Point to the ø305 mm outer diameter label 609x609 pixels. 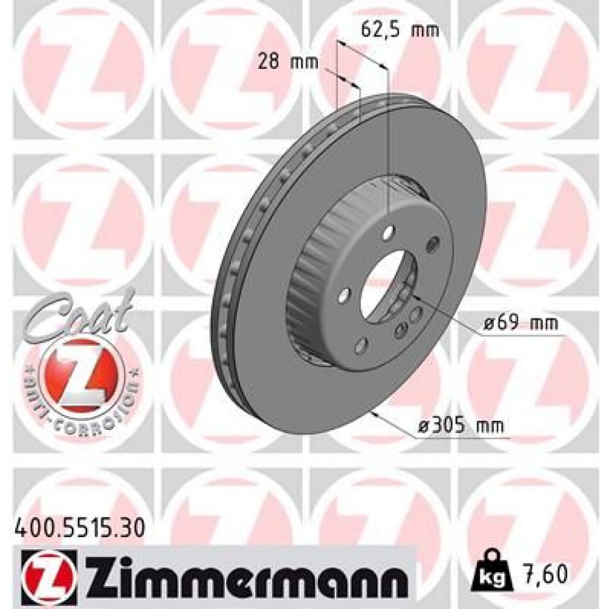[x=461, y=427]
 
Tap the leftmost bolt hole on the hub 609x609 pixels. [x=344, y=297]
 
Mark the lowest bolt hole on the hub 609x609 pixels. [x=361, y=347]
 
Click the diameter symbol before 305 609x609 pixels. [x=424, y=427]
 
